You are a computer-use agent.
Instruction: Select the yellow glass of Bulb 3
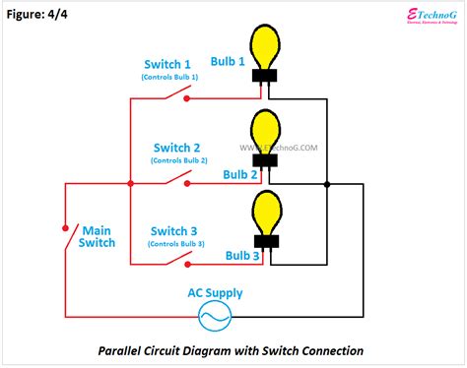(264, 211)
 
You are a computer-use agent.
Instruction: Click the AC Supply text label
(215, 293)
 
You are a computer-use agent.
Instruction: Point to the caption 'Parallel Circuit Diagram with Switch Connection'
(231, 350)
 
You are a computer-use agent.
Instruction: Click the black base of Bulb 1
(263, 77)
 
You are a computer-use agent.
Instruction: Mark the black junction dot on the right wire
(327, 183)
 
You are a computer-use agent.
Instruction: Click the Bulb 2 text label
(241, 174)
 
